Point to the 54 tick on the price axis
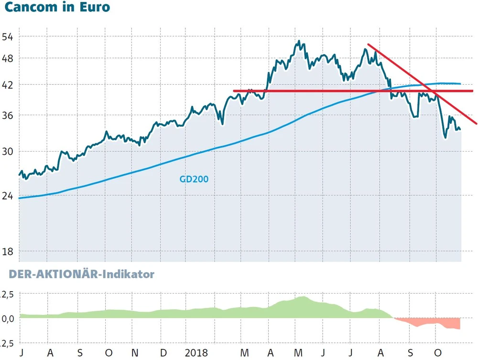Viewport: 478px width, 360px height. pos(9,37)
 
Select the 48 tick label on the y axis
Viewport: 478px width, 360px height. pos(9,58)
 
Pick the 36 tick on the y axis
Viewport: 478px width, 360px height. pos(9,115)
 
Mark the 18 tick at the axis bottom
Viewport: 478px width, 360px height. pos(9,251)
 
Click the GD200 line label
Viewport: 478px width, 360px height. pos(194,180)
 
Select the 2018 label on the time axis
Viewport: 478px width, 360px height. pos(196,353)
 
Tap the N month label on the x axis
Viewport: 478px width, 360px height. pos(135,353)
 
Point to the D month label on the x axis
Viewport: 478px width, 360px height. pos(163,353)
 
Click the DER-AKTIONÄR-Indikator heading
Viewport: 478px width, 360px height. pos(77,274)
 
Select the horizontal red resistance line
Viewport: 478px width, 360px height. pos(335,91)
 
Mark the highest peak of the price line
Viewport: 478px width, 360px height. pos(298,41)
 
